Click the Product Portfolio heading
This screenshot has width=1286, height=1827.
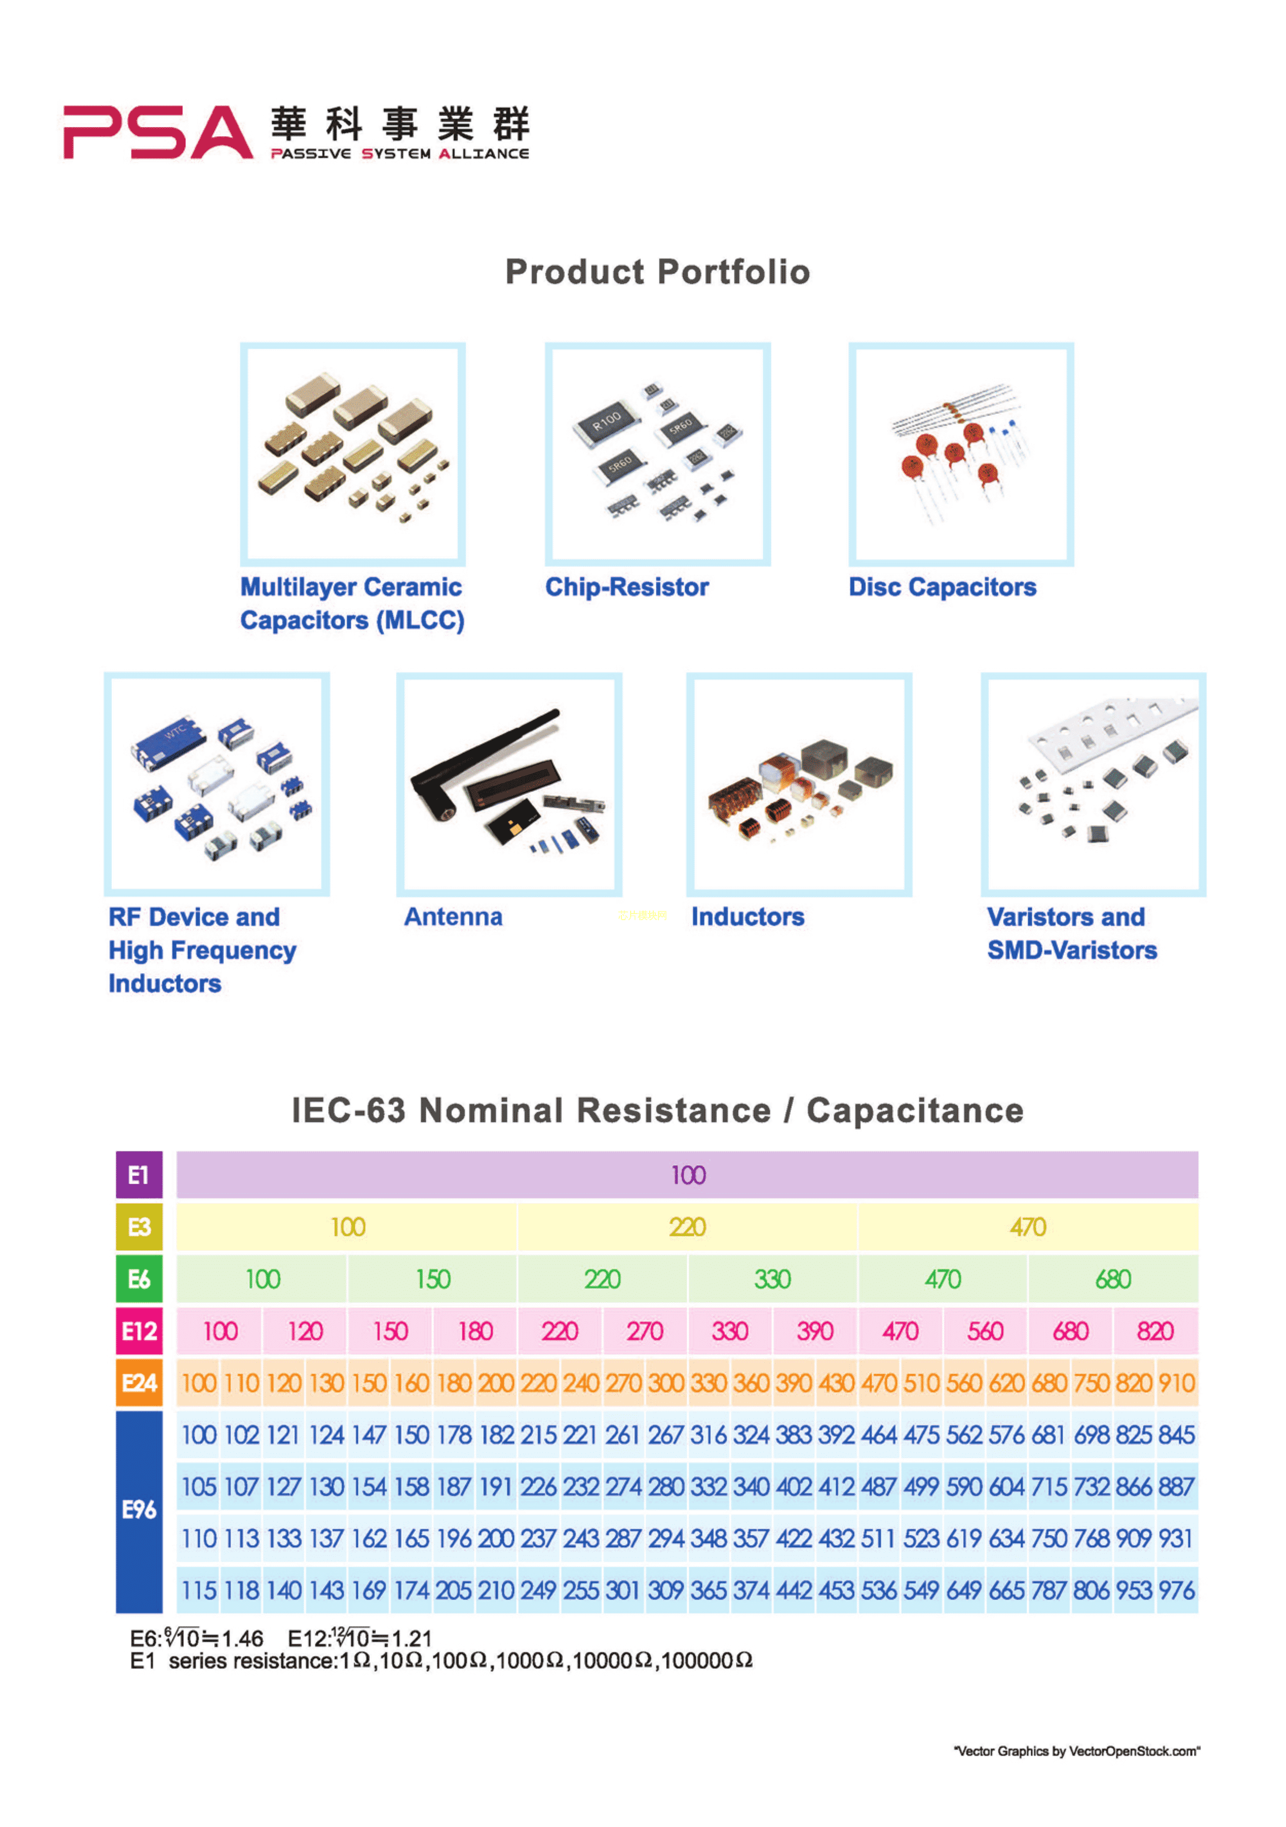657,272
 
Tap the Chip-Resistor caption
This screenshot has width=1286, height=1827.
626,587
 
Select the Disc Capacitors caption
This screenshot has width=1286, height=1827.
942,587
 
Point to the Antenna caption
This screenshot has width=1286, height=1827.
453,917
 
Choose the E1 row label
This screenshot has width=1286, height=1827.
139,1174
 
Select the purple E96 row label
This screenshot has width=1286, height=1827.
139,1510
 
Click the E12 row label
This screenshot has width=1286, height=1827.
139,1331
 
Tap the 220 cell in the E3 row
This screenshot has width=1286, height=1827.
688,1227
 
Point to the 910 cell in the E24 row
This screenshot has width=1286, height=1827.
1176,1383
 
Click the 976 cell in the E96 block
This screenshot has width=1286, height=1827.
1176,1591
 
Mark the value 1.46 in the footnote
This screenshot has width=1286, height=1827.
242,1639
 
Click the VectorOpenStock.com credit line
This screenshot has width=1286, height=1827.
1076,1752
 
